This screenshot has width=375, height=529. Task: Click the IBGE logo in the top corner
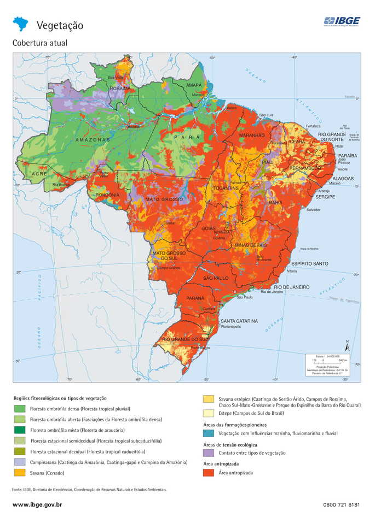point(341,21)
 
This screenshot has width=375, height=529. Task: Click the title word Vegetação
point(60,25)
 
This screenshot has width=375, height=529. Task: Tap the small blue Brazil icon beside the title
point(21,23)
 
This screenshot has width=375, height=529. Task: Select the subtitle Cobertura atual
point(40,43)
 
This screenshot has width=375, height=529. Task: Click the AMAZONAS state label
point(93,140)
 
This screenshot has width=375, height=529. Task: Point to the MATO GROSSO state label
point(164,199)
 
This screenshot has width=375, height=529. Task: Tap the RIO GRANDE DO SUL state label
point(186,339)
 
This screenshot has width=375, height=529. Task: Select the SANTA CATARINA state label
point(239,321)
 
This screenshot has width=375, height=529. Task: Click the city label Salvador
point(314,210)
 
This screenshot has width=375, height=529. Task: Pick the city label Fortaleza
point(313,126)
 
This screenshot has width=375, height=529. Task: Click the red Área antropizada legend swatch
point(208,473)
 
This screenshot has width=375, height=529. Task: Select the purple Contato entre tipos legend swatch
point(208,453)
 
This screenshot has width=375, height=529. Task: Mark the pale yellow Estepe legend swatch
point(208,414)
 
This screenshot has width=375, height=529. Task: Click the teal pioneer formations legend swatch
point(208,433)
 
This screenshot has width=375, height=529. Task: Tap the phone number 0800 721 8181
point(342,505)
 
